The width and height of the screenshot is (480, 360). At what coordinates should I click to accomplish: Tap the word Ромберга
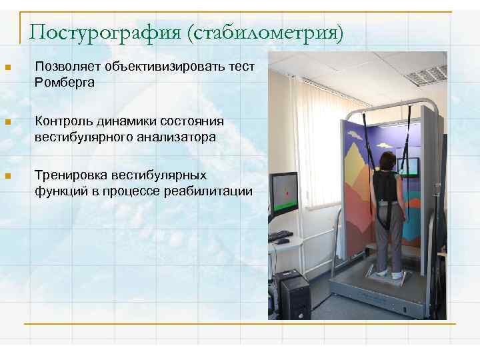point(65,83)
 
